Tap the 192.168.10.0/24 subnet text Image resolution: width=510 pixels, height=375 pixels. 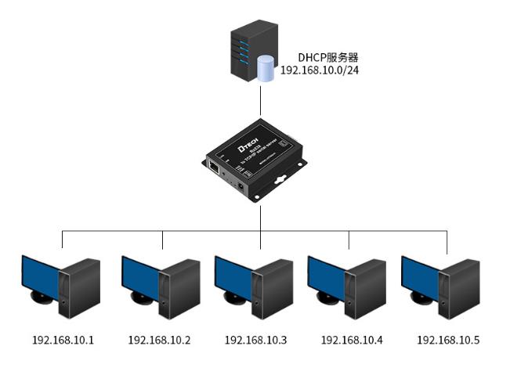tap(319, 70)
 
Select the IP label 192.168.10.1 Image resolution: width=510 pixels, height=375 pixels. tap(63, 340)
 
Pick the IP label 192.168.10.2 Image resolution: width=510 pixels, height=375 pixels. tap(159, 340)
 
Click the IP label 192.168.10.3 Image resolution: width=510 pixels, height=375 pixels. tap(255, 340)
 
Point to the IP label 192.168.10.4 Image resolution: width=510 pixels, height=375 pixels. tap(352, 340)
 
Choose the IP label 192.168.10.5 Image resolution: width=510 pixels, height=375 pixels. tap(447, 340)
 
